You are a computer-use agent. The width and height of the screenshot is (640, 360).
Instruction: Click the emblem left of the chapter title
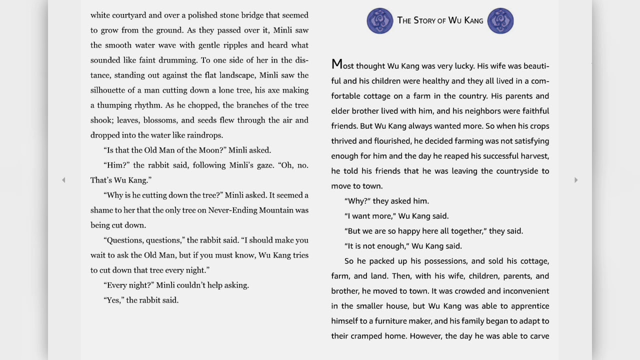(380, 21)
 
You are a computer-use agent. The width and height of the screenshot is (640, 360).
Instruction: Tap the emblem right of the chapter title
(500, 21)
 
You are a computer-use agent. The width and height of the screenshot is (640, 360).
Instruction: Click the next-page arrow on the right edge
(575, 180)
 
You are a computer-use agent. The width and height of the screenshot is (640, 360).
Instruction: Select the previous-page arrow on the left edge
(63, 180)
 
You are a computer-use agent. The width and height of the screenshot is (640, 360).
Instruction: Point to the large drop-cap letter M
(336, 64)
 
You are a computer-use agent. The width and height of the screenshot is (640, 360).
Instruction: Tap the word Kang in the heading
(473, 20)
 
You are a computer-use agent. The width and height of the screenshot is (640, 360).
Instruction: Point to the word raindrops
(204, 135)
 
